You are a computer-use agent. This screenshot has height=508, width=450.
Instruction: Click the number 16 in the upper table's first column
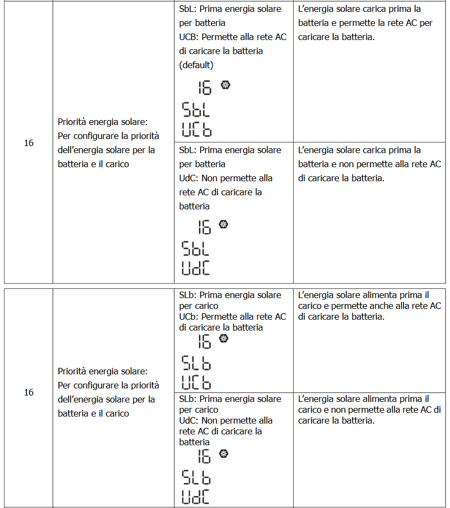(29, 143)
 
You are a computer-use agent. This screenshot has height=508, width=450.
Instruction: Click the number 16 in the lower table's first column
(29, 392)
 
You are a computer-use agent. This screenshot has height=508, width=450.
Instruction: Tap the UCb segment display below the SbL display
(196, 130)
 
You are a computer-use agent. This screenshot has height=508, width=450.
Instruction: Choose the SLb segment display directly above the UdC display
(196, 478)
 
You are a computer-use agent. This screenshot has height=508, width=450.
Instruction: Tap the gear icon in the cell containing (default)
(226, 85)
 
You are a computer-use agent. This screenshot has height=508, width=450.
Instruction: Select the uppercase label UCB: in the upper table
(190, 37)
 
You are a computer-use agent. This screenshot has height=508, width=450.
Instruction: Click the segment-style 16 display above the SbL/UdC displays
(204, 227)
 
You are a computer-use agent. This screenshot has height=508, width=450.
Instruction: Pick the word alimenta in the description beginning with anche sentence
(384, 295)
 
